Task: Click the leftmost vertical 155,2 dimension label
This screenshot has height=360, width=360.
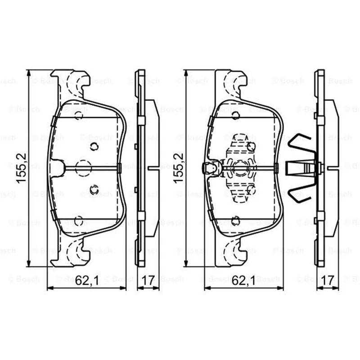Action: pos(22,168)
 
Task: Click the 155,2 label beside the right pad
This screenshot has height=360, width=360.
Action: pos(179,168)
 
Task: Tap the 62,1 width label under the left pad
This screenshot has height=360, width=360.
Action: pos(86,280)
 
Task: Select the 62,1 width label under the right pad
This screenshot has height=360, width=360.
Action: pos(243,280)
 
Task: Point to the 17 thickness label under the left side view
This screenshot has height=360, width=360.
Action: pos(148,280)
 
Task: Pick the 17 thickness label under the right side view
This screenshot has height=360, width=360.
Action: pos(328,280)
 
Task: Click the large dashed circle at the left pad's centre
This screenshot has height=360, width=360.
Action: pos(83,168)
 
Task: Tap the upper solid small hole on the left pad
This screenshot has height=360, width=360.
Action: pos(94,146)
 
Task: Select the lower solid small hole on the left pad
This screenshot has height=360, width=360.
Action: pos(94,190)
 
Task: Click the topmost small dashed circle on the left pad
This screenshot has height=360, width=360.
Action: pos(78,116)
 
